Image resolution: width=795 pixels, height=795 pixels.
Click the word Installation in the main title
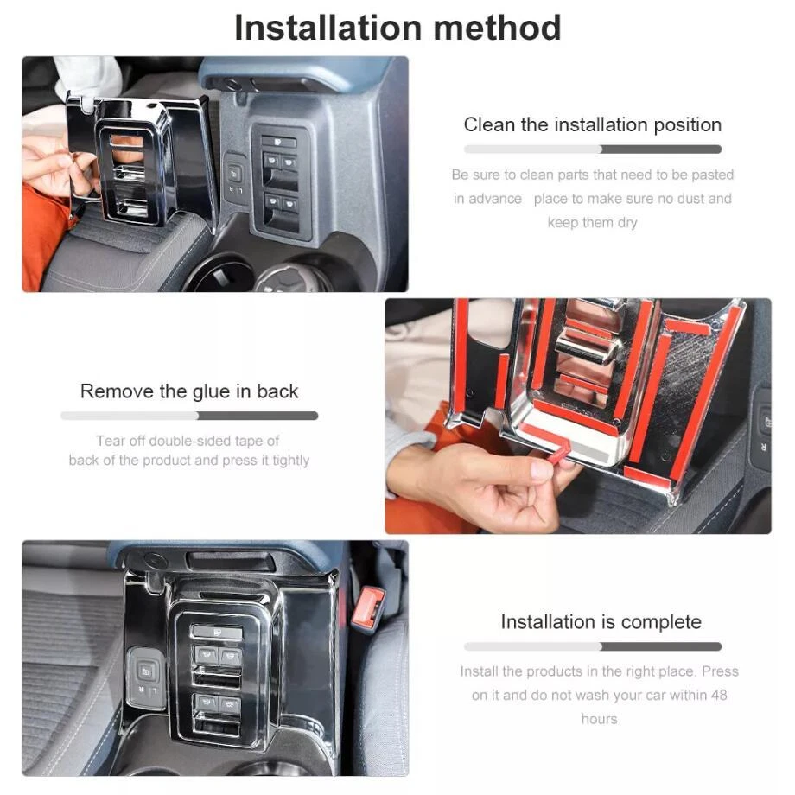pyautogui.click(x=328, y=28)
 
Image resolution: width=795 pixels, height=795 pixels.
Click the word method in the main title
pyautogui.click(x=498, y=28)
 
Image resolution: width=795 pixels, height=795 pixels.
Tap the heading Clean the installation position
pyautogui.click(x=592, y=124)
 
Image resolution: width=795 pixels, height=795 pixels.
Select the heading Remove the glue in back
pyautogui.click(x=189, y=391)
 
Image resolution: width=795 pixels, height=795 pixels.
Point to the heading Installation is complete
pyautogui.click(x=601, y=622)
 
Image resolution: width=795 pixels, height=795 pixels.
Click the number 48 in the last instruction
pyautogui.click(x=718, y=695)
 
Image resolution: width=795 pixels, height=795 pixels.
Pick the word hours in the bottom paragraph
pyautogui.click(x=600, y=719)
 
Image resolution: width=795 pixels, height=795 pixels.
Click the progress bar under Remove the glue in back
pyautogui.click(x=189, y=416)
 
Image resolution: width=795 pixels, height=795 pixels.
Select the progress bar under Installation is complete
pyautogui.click(x=592, y=646)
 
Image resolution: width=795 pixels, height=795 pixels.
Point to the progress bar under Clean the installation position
pyautogui.click(x=592, y=149)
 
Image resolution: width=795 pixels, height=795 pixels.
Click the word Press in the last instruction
pyautogui.click(x=720, y=671)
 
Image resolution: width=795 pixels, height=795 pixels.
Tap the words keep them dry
pyautogui.click(x=592, y=223)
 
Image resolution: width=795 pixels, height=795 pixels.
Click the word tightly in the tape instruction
pyautogui.click(x=290, y=461)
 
